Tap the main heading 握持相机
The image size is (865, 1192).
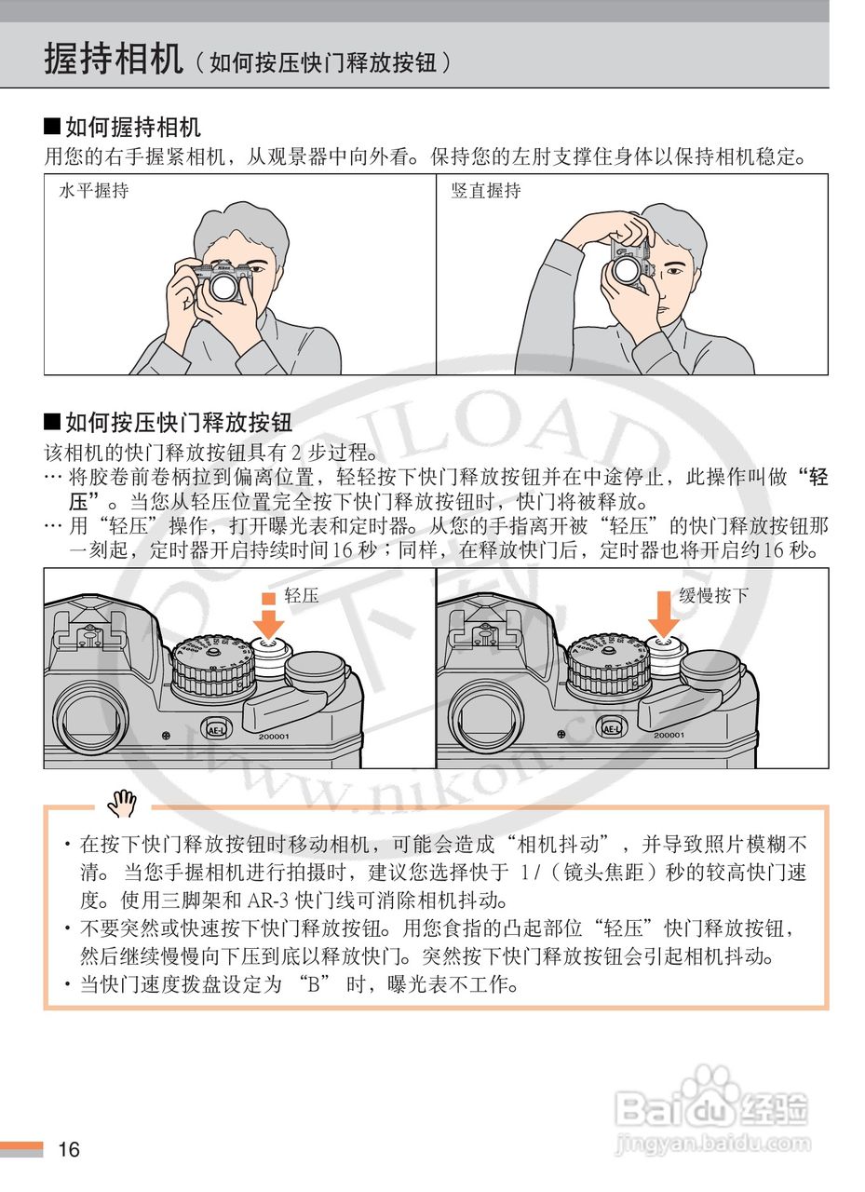coord(114,59)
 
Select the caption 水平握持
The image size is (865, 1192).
coord(94,191)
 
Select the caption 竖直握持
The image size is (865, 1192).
coord(486,191)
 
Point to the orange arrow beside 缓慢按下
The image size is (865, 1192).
coord(663,614)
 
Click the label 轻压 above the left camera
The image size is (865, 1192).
coord(302,595)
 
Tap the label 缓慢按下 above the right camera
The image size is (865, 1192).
coord(713,595)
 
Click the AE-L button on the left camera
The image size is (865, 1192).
coord(214,729)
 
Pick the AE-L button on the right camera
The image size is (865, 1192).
coord(610,728)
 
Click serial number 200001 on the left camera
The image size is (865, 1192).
coord(274,737)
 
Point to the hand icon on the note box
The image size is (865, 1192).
coord(122,804)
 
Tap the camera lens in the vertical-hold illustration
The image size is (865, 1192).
coord(628,271)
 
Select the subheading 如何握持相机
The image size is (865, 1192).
coord(122,128)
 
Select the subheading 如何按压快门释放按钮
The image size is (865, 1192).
coord(168,423)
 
